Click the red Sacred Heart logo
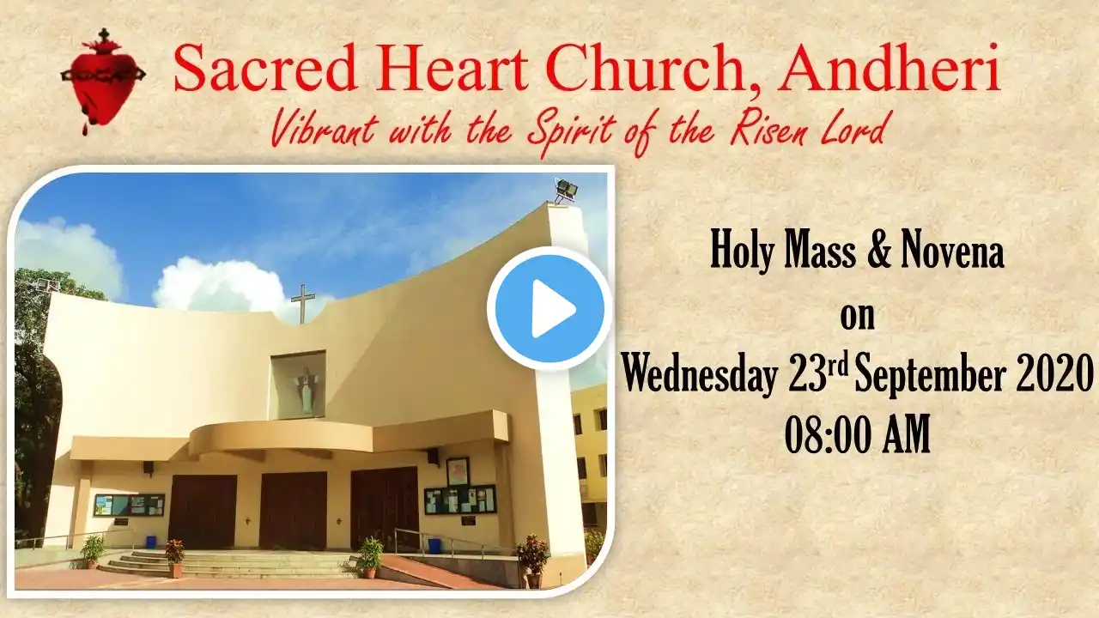pos(103,81)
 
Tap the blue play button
pos(549,308)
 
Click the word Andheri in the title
pos(890,69)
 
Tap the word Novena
pos(952,252)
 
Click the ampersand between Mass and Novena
pos(880,252)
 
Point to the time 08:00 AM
pos(857,434)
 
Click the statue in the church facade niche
pos(307,390)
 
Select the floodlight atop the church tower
pos(566,191)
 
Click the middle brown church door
pos(294,511)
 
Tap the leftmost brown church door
pos(203,512)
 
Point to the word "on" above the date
pos(857,318)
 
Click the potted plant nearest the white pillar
pos(533,560)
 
